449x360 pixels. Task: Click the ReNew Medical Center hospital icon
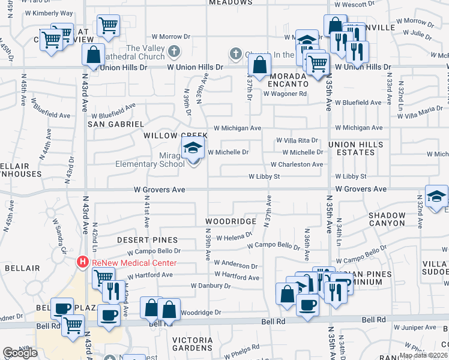tap(82, 262)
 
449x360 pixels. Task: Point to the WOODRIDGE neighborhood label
tap(231, 221)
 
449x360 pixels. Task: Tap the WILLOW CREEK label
tap(167, 136)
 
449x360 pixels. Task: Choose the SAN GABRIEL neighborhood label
tap(116, 124)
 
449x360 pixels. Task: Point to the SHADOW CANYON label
tap(387, 219)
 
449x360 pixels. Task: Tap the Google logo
tap(20, 353)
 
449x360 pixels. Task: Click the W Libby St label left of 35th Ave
tap(265, 176)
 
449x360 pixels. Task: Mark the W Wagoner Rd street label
tap(287, 94)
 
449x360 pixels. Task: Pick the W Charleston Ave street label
tap(297, 164)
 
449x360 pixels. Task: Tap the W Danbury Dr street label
tap(211, 286)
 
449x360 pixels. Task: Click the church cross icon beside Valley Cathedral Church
tap(174, 51)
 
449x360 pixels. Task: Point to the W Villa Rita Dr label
tap(297, 140)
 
